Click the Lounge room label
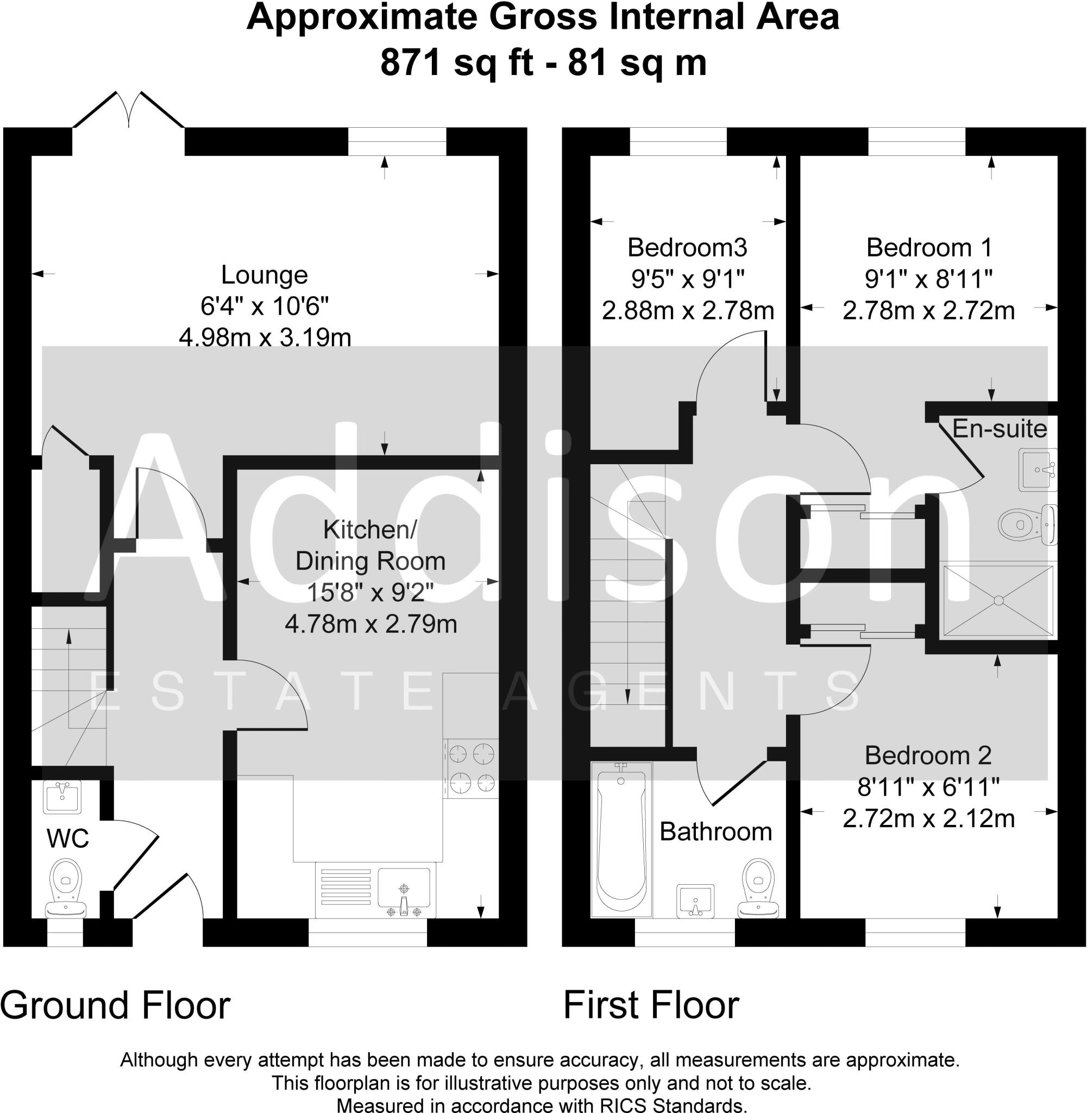(x=265, y=275)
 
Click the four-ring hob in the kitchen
(x=471, y=768)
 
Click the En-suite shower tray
(x=998, y=600)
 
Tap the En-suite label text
(x=999, y=429)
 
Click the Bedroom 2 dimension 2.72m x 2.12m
(x=928, y=819)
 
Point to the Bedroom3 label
(x=687, y=248)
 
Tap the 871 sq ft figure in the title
(x=456, y=63)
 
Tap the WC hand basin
(x=62, y=796)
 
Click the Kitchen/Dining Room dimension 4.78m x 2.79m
(x=370, y=624)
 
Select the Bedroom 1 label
(x=929, y=248)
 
